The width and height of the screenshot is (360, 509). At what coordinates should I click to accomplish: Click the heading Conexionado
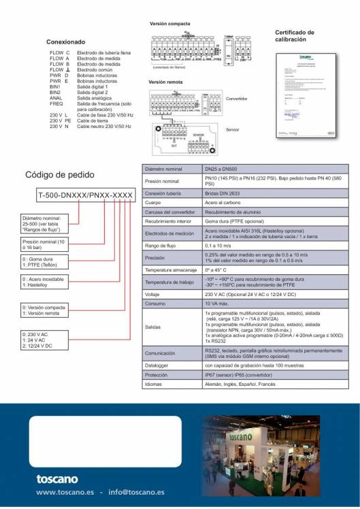(x=66, y=42)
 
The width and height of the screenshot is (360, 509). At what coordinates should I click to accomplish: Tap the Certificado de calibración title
(x=295, y=35)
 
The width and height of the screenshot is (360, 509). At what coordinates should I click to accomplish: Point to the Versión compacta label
(x=169, y=24)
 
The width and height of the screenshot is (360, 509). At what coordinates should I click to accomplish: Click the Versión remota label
(x=165, y=82)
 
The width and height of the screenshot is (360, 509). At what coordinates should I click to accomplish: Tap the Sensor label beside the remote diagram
(x=232, y=129)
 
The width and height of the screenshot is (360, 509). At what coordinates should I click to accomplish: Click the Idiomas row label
(x=154, y=384)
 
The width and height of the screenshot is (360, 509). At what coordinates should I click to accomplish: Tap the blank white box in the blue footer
(x=105, y=442)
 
